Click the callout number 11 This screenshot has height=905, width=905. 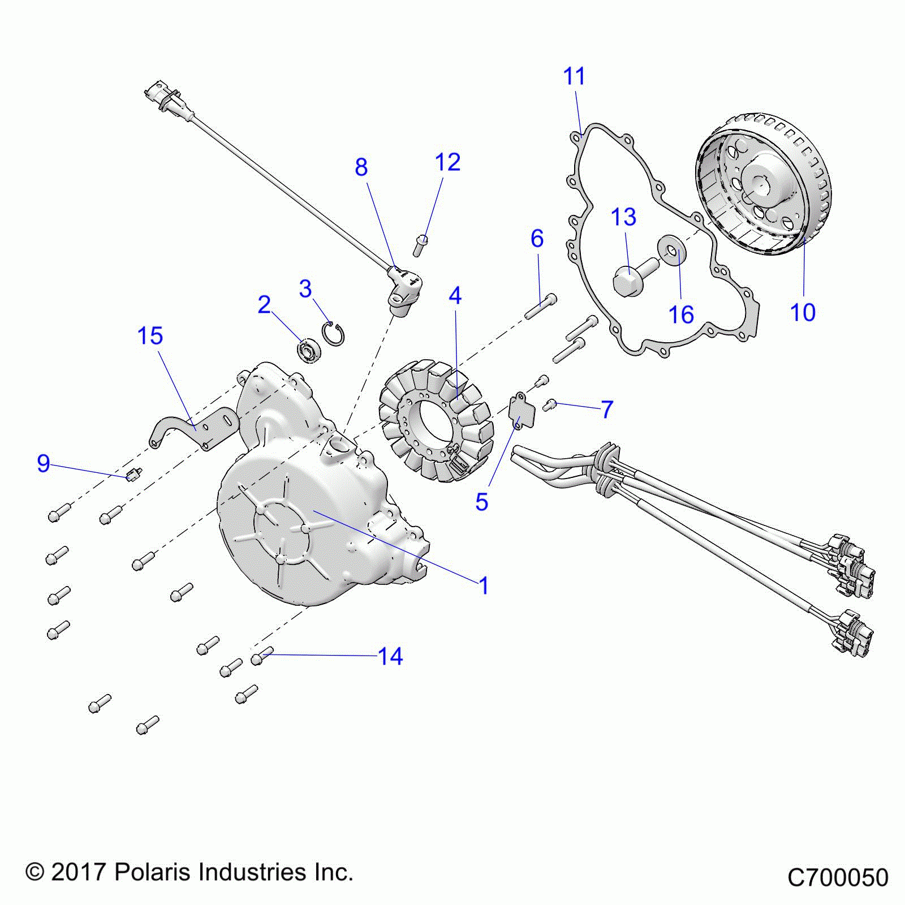coord(574,76)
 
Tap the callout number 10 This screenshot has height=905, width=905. coord(803,312)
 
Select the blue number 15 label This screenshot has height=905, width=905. coord(150,336)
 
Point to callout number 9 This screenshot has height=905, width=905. coord(44,464)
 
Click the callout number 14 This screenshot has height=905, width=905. coord(390,657)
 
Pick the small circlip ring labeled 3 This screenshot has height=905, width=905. coord(334,333)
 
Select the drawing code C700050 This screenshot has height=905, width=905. coord(838,878)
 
